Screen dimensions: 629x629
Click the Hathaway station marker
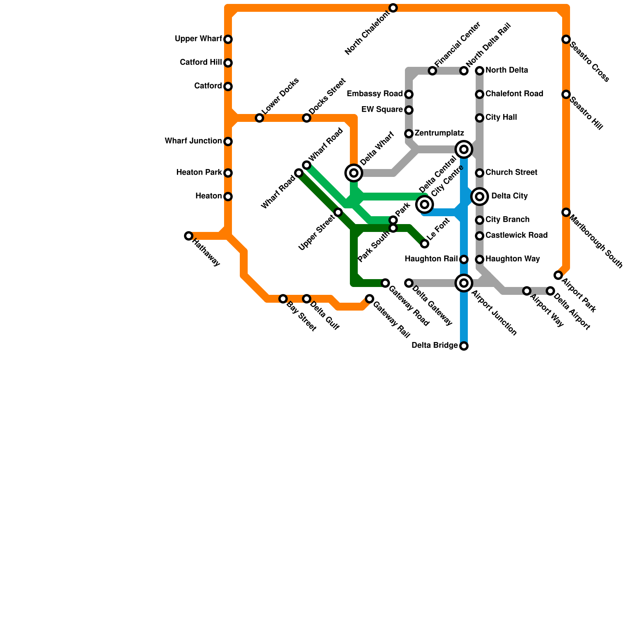tap(189, 236)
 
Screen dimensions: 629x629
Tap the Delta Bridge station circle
tap(464, 346)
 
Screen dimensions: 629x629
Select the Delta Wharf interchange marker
tap(354, 173)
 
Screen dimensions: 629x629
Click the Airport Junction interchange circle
tap(464, 283)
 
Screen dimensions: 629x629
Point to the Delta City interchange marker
tap(480, 197)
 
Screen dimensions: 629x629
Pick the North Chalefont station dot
tap(393, 8)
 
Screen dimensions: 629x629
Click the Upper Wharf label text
tap(199, 39)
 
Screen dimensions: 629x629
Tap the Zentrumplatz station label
tap(439, 133)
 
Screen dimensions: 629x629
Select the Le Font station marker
tap(425, 244)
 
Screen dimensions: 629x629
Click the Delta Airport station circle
tap(550, 291)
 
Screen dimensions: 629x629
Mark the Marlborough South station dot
tap(566, 212)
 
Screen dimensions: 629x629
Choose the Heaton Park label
tap(199, 173)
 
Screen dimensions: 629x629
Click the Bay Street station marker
tap(283, 299)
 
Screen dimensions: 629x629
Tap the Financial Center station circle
tap(432, 71)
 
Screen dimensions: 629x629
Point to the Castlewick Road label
tap(516, 235)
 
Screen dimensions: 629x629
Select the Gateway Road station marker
tap(385, 283)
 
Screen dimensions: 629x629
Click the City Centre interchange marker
tap(425, 204)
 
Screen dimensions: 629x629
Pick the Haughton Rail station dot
tap(464, 259)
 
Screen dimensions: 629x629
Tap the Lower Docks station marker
tap(259, 118)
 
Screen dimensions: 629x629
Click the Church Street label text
tap(511, 173)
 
